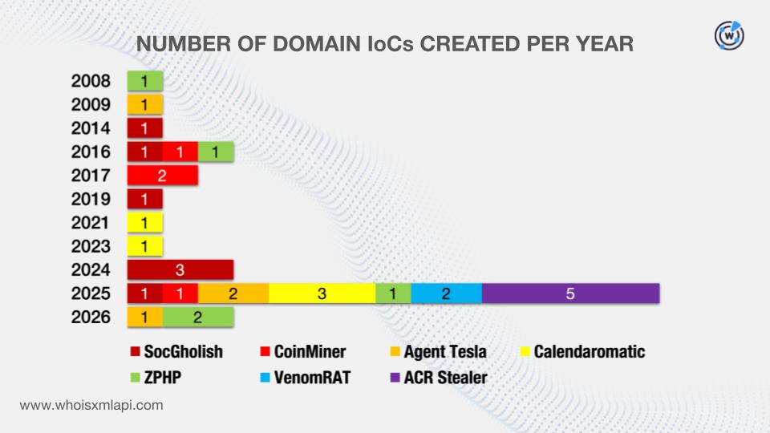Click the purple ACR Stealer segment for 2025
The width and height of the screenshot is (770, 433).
[570, 293]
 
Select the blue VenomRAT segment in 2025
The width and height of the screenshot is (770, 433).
[447, 293]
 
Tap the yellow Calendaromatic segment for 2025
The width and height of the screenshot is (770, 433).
[322, 293]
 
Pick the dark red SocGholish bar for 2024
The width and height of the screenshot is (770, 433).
[180, 269]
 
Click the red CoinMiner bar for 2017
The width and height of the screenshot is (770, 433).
[163, 176]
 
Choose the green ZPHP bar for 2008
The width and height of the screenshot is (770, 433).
[145, 81]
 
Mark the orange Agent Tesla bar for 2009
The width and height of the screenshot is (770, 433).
[145, 104]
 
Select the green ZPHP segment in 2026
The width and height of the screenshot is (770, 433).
[198, 317]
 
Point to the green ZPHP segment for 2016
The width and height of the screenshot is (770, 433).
[216, 152]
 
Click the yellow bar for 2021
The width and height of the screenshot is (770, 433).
[145, 222]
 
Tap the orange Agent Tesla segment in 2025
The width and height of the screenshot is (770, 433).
[233, 293]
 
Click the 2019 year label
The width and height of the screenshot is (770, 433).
[91, 199]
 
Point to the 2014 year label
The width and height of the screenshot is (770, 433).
[91, 128]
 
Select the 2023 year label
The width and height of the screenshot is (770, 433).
[91, 246]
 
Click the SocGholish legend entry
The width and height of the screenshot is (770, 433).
[176, 351]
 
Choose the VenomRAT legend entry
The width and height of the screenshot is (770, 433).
[306, 378]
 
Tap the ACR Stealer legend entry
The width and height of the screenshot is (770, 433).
[439, 378]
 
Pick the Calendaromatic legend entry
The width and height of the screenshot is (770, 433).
[583, 351]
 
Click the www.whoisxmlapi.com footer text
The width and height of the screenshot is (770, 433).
[91, 406]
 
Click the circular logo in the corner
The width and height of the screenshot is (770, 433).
[729, 35]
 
